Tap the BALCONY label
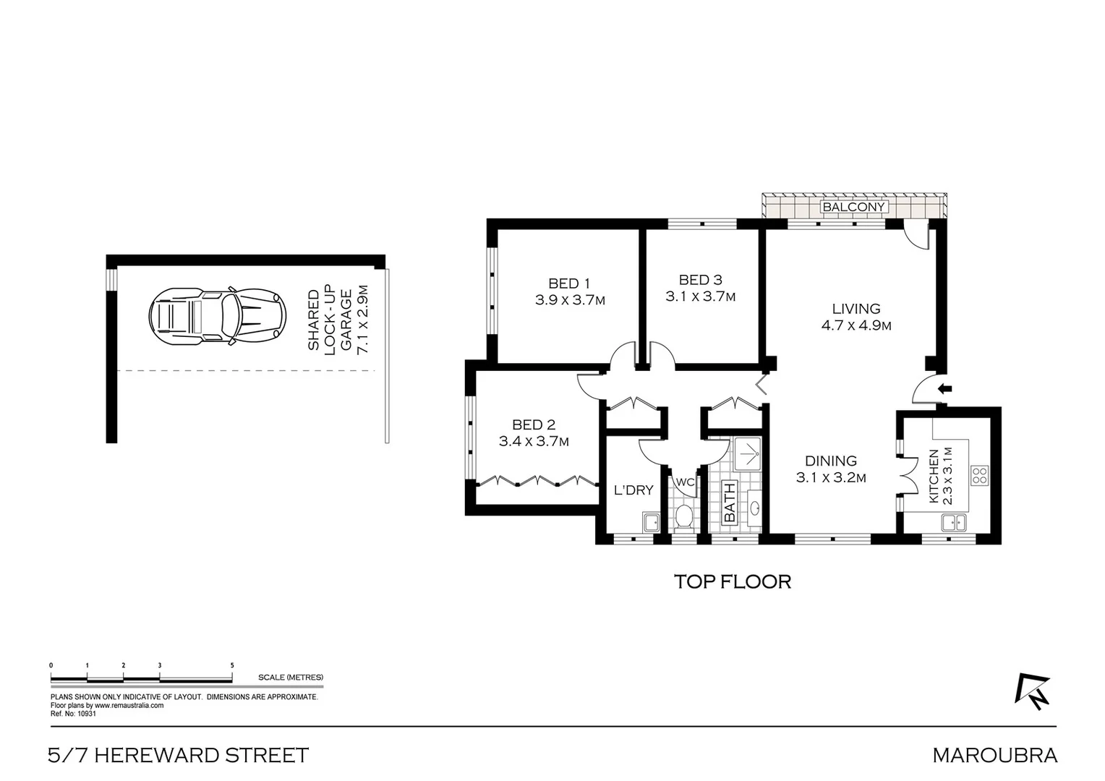pos(853,207)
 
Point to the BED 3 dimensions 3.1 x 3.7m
pos(700,296)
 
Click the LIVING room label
pos(856,309)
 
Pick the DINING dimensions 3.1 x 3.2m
pos(831,477)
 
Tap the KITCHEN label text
pos(933,476)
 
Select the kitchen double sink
pos(955,521)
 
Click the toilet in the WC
pos(684,517)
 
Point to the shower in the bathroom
pos(747,454)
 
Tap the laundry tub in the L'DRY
pos(650,522)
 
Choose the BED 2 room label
pos(533,425)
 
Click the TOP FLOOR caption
pos(732,581)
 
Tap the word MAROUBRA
pos(994,756)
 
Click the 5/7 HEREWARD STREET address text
pos(178,756)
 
